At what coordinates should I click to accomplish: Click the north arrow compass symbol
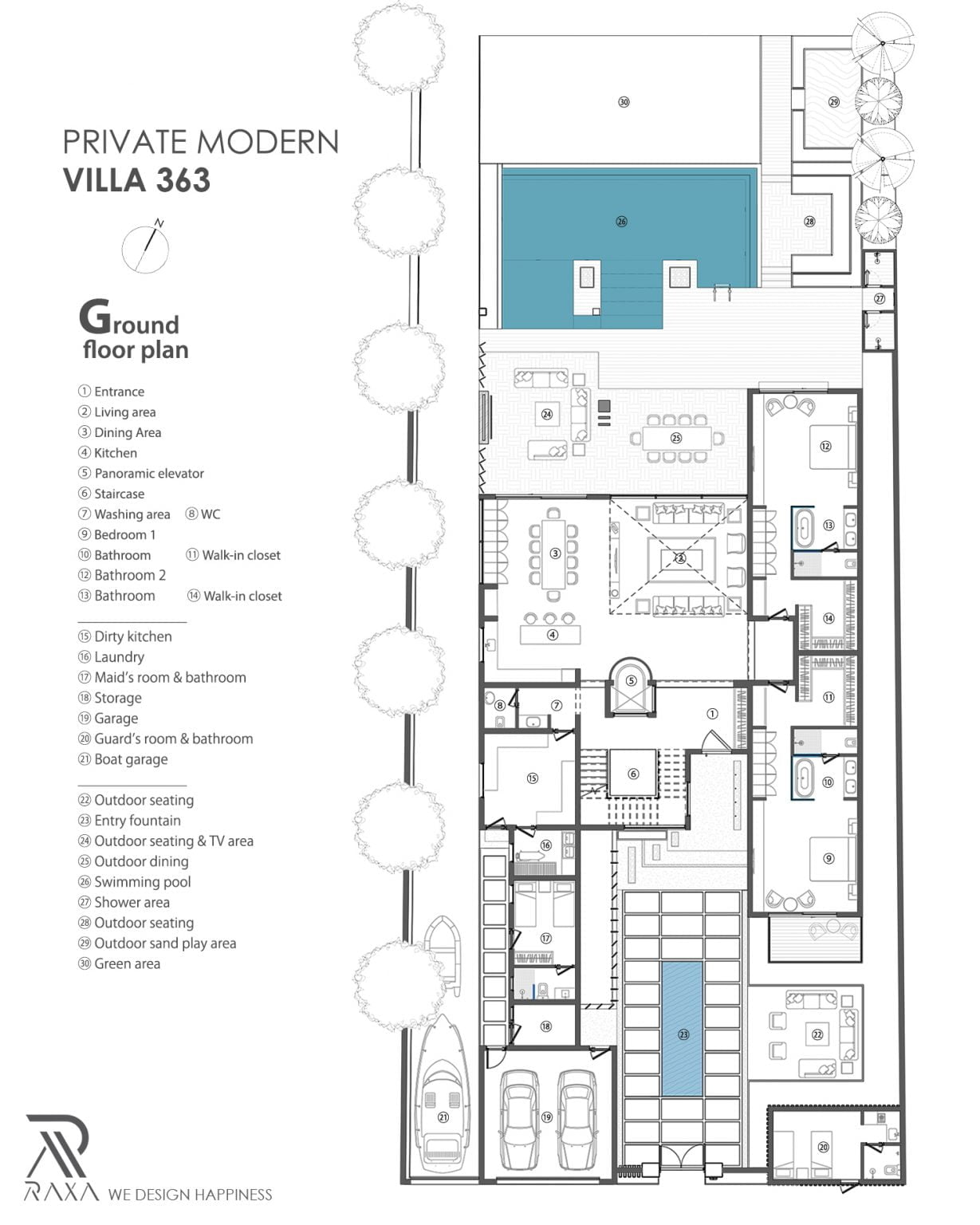pos(146,247)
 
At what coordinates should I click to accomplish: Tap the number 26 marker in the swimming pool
pos(621,222)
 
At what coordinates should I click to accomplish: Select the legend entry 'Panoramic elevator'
pos(140,473)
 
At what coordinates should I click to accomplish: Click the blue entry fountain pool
pos(682,1029)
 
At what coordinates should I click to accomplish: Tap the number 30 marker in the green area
pos(624,102)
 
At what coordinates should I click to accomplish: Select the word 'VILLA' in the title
pos(104,180)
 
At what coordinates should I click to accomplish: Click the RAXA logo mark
pos(57,1147)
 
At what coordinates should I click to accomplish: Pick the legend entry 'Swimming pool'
pos(134,882)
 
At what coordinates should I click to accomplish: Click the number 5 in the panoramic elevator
pos(631,681)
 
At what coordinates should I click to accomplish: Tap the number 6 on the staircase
pos(633,774)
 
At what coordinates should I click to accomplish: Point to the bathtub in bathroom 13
pos(803,526)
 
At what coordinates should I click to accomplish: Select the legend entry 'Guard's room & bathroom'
pos(166,739)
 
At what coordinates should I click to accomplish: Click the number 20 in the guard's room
pos(823,1147)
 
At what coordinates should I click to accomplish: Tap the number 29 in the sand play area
pos(834,102)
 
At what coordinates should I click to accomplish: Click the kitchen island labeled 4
pos(551,635)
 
